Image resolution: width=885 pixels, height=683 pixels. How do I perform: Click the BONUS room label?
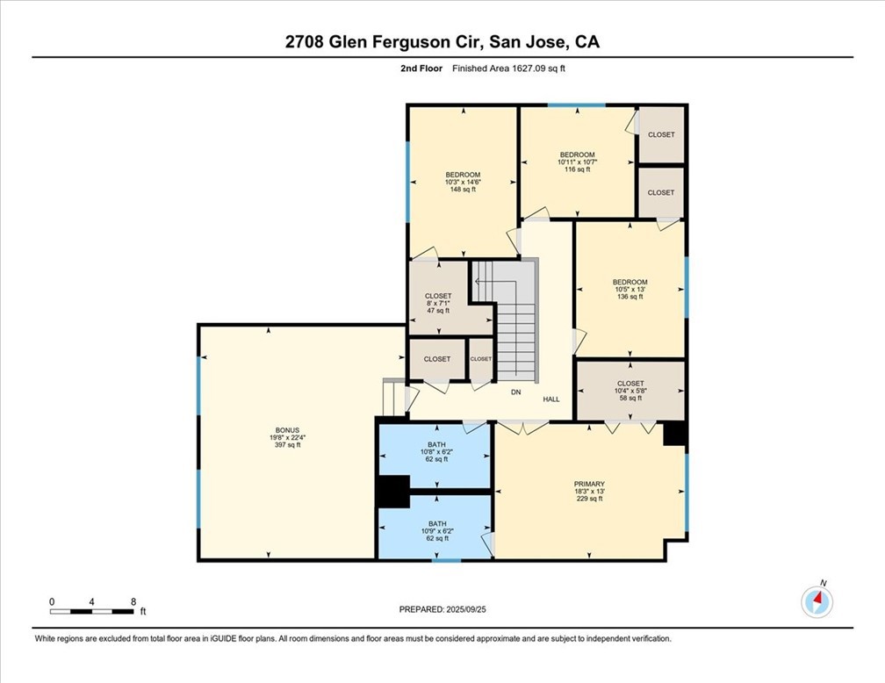287,430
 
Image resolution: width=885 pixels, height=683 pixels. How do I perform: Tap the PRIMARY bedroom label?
589,484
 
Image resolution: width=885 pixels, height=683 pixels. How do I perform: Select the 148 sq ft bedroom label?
463,175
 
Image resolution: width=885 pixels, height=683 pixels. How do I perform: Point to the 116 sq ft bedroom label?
578,155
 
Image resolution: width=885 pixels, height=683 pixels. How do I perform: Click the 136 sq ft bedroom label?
630,282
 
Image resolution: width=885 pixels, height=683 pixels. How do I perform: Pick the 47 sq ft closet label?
438,296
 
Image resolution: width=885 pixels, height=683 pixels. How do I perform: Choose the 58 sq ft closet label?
630,384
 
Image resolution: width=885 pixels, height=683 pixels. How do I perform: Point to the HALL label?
551,399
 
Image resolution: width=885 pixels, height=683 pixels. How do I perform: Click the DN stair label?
516,392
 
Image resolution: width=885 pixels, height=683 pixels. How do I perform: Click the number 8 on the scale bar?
133,601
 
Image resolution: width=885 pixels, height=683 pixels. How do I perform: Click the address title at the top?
442,42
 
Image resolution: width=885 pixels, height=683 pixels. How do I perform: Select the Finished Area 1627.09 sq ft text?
508,68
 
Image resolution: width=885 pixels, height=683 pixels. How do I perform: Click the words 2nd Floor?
421,68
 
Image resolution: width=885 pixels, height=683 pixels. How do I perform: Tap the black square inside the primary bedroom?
674,434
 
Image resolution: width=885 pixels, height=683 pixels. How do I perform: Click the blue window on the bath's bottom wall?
446,560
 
